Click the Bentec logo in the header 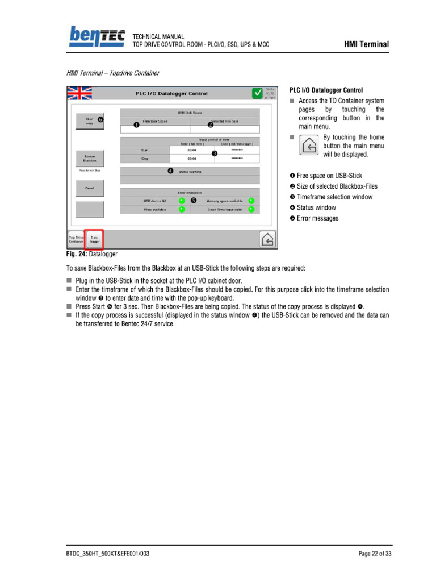coord(97,38)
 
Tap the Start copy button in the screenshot coord(90,122)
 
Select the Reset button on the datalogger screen coord(90,188)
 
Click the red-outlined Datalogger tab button coord(94,239)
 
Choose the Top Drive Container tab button coord(76,239)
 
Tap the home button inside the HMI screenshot coord(269,240)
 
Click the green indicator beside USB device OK coord(182,201)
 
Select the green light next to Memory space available coord(251,201)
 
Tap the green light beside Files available coord(182,209)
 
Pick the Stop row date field coord(237,159)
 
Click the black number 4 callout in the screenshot coord(170,171)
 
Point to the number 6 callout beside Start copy coord(100,119)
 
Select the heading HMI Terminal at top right coord(366,44)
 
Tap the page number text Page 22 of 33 coord(375,554)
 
